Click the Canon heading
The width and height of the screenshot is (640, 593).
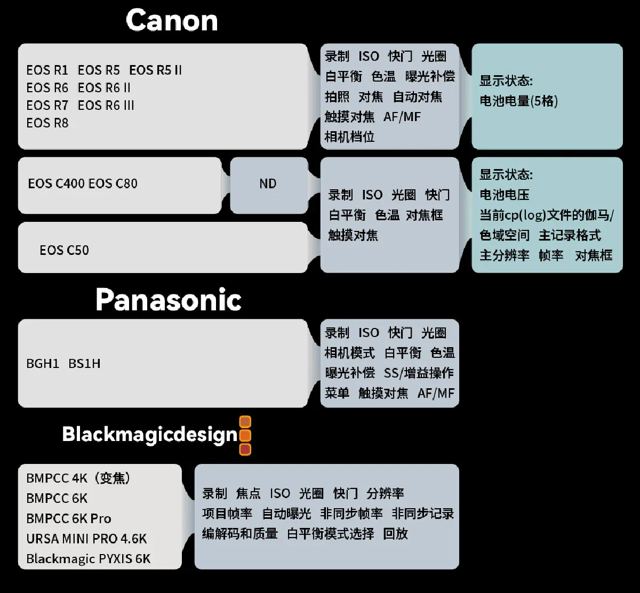[x=172, y=21]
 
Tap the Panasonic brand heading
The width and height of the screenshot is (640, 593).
[x=169, y=300]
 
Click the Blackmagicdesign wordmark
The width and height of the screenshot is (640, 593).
[x=150, y=434]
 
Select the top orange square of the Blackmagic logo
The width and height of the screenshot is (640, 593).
[x=245, y=422]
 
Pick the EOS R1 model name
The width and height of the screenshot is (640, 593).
[x=47, y=70]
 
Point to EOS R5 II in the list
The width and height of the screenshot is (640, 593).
[x=155, y=70]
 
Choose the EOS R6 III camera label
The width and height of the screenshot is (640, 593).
[x=106, y=105]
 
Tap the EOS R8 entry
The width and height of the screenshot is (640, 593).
[x=47, y=123]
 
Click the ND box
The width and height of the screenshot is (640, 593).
[x=268, y=184]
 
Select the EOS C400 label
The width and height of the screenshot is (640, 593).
[x=56, y=184]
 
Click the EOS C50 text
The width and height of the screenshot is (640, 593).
[x=64, y=250]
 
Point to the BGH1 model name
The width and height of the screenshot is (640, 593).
[x=43, y=364]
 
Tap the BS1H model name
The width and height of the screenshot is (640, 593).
[x=84, y=364]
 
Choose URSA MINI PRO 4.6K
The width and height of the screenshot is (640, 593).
[x=86, y=539]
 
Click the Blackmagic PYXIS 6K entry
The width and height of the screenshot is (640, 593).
[x=89, y=559]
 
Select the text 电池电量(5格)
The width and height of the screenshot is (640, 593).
[x=518, y=101]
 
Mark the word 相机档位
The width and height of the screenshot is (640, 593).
[x=350, y=137]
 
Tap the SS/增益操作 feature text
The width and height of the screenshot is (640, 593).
[x=419, y=373]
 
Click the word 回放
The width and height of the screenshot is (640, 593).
[x=395, y=533]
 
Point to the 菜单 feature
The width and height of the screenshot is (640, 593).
[x=337, y=393]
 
